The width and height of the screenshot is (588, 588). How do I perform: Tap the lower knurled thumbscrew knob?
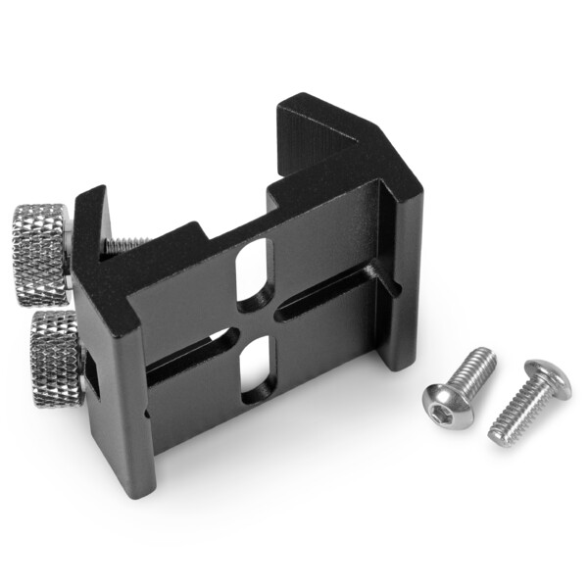(x=55, y=358)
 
